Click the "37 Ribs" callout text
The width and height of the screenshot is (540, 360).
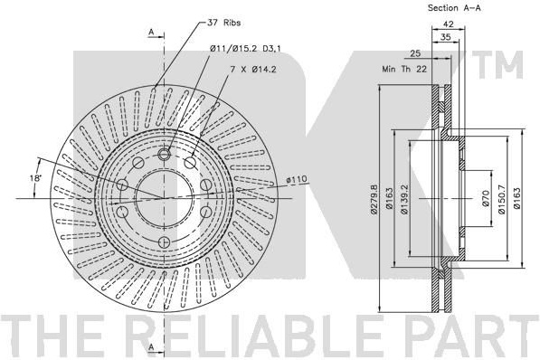point(223,23)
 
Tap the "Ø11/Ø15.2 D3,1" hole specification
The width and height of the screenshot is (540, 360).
point(245,49)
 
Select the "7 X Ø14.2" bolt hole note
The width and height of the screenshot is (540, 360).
point(253,70)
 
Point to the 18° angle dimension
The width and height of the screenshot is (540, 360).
point(34,178)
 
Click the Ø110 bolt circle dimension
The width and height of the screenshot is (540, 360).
point(296,179)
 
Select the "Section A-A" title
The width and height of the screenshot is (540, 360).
point(454,8)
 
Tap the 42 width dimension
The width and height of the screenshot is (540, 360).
point(448,24)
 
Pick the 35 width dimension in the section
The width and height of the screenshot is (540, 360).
point(446,37)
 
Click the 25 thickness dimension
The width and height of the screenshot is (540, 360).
point(415,53)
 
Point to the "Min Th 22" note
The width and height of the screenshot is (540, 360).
point(404,69)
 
